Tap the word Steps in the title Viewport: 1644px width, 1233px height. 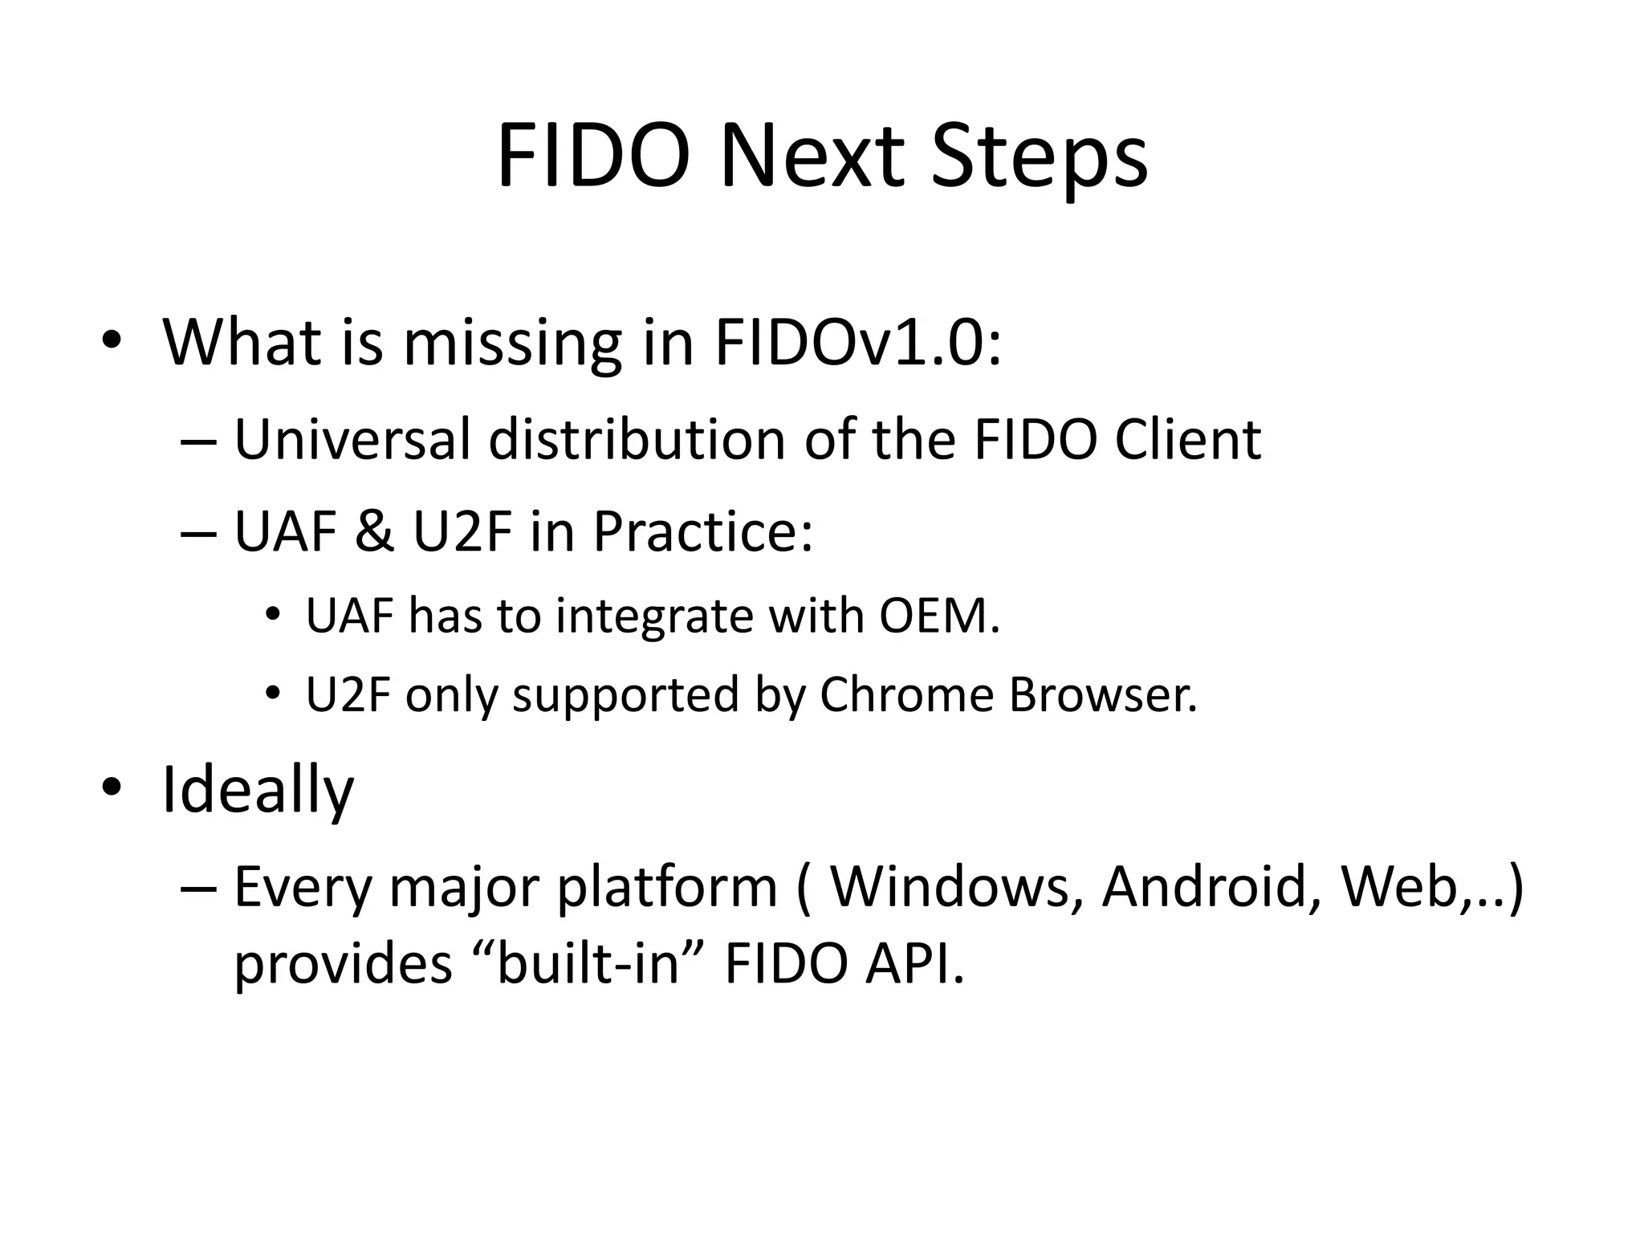tap(1040, 161)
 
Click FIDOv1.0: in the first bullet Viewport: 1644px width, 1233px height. tap(857, 344)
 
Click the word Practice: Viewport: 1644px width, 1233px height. tap(702, 533)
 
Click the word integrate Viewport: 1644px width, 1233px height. tap(654, 618)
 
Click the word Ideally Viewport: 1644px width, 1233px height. tap(258, 791)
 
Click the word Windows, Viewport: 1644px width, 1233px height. tap(955, 887)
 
